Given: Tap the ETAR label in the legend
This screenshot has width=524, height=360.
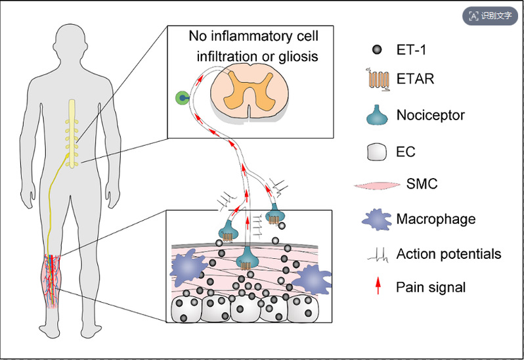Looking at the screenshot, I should tap(416, 80).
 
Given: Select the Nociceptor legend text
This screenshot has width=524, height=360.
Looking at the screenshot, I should tap(430, 116).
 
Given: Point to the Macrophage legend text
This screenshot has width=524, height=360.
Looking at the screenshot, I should tap(435, 218).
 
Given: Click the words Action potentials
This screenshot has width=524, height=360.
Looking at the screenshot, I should tap(448, 254).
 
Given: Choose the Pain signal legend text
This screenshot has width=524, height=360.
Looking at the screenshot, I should tap(431, 287).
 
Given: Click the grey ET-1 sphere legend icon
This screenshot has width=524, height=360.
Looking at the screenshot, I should tap(377, 50).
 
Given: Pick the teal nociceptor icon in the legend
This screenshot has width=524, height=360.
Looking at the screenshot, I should tap(376, 116).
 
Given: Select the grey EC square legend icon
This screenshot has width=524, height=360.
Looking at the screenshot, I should tap(376, 152).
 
